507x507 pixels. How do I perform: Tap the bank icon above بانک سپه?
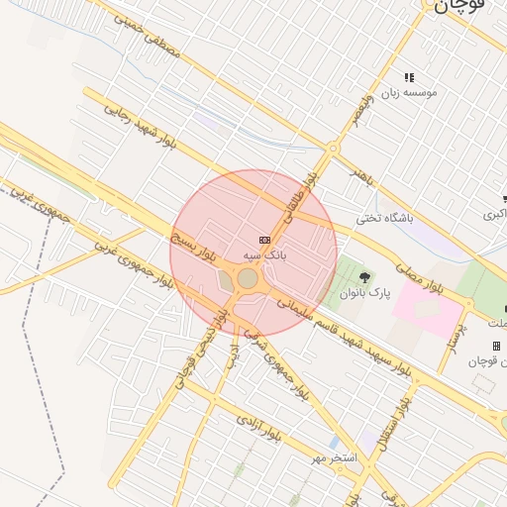pyautogui.click(x=264, y=240)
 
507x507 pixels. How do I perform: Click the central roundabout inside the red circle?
pyautogui.click(x=248, y=279)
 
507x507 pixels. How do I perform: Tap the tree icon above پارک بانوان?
pyautogui.click(x=365, y=276)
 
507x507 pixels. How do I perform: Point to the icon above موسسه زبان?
pyautogui.click(x=408, y=76)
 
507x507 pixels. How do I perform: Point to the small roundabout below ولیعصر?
pyautogui.click(x=334, y=149)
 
